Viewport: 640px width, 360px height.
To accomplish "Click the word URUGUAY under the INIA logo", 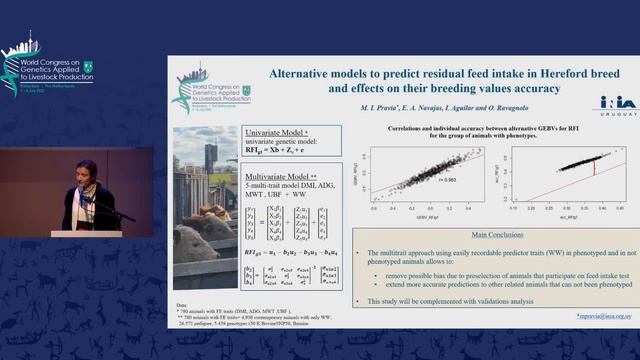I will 608,114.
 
